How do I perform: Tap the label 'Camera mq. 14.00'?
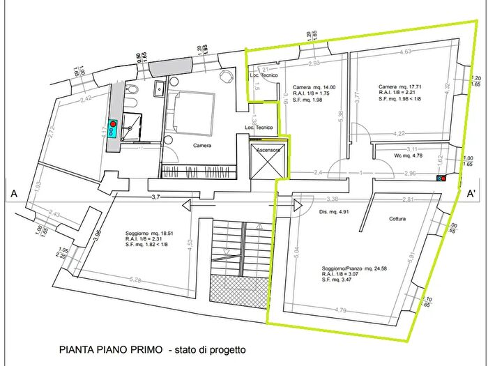[312, 86]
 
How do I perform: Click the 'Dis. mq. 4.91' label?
[333, 212]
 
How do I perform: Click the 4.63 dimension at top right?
[404, 52]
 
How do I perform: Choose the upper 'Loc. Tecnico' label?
[265, 75]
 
